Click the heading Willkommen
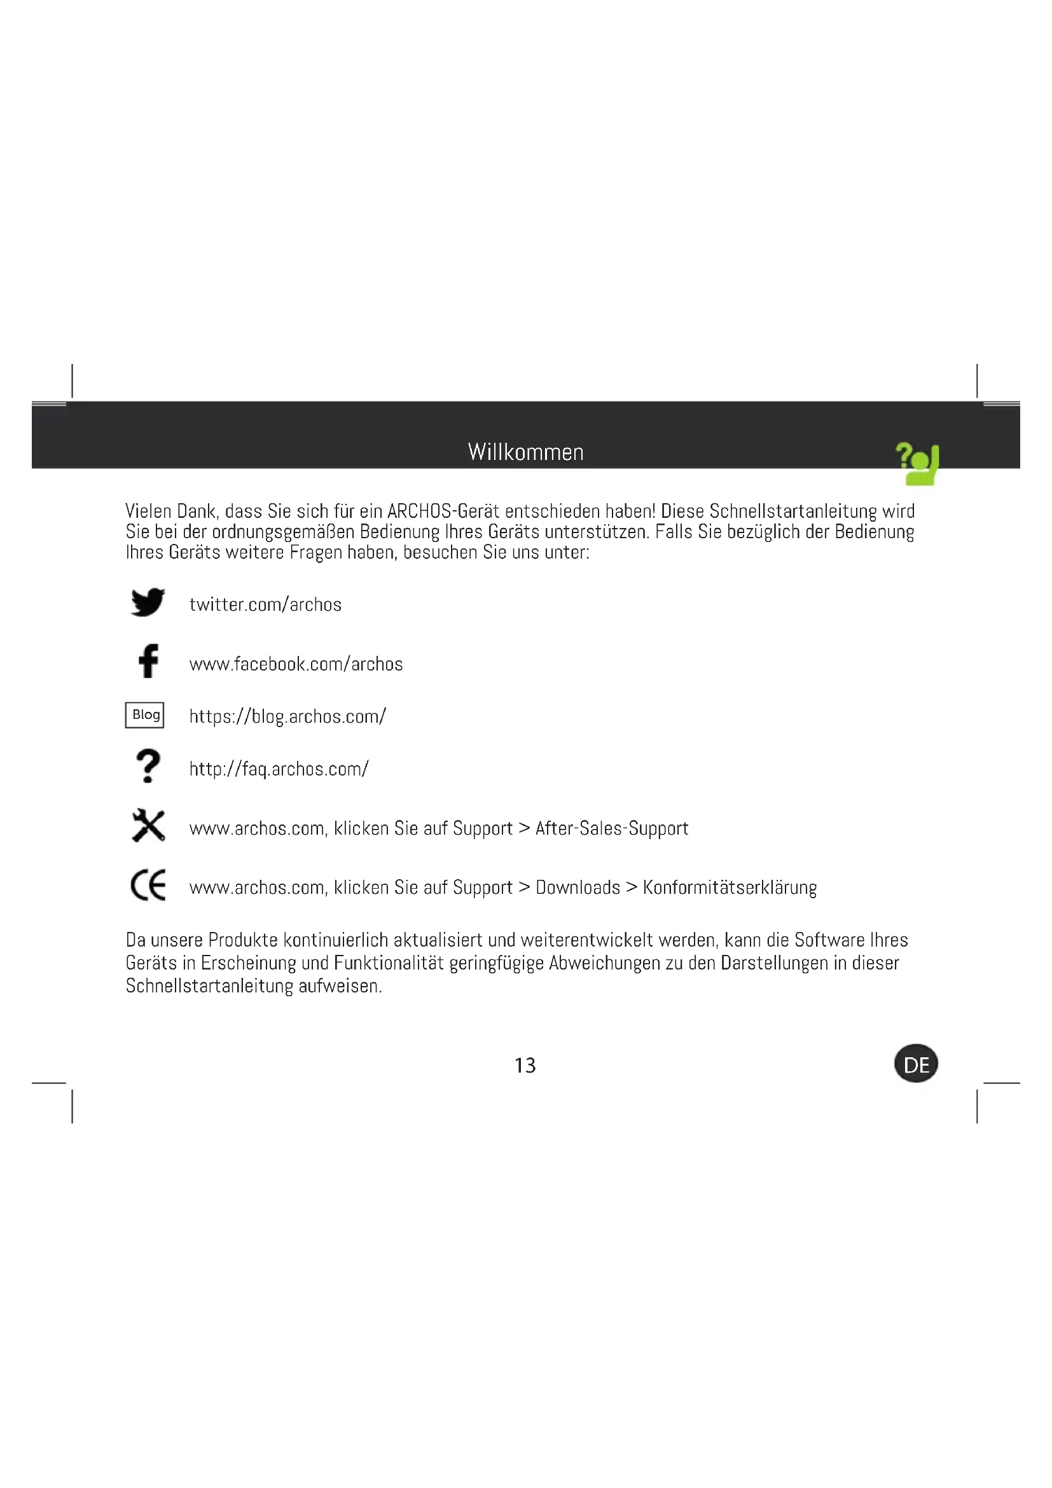525,452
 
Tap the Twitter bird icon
148,602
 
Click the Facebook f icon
148,660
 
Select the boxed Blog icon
144,715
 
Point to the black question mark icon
148,766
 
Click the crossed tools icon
148,826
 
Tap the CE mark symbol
148,886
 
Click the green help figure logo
918,464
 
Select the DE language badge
916,1064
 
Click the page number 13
525,1066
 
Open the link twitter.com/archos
265,604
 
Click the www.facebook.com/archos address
296,664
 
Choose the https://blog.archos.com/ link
287,717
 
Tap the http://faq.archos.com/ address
279,769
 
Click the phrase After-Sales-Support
611,828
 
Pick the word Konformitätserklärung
730,887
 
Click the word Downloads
578,887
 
